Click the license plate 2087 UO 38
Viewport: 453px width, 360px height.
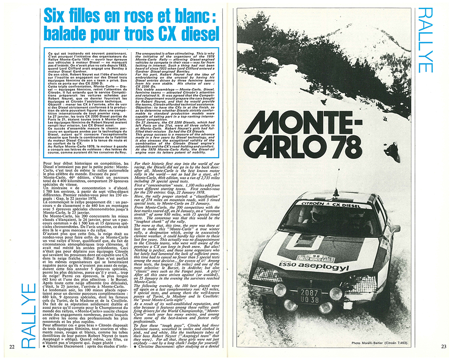tap(308, 296)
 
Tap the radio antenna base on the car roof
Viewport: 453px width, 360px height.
tap(335, 185)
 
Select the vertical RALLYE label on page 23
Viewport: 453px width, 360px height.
tap(426, 40)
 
